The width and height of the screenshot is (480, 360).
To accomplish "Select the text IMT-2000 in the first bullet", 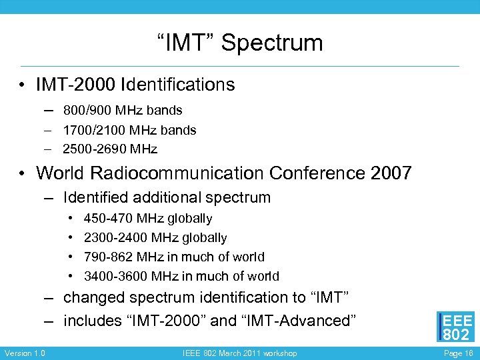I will coord(75,85).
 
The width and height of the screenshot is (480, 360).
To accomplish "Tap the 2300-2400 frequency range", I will coord(115,238).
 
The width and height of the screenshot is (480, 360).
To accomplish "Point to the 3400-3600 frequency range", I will coord(115,277).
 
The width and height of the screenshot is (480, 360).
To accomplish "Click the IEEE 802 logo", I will coord(456,327).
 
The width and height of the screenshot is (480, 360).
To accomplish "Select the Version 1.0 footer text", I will coord(25,353).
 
